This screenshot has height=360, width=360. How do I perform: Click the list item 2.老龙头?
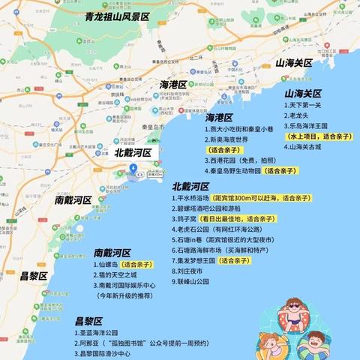pos(300,116)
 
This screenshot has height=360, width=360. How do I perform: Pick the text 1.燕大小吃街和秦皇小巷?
pos(239,129)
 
